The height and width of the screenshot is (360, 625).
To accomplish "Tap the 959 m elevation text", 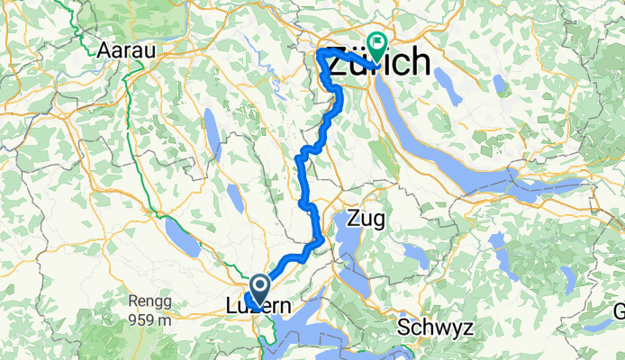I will point(142,320).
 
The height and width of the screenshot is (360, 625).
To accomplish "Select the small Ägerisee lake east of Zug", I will point(415,255).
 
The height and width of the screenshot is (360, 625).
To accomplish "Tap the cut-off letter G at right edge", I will point(619,311).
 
